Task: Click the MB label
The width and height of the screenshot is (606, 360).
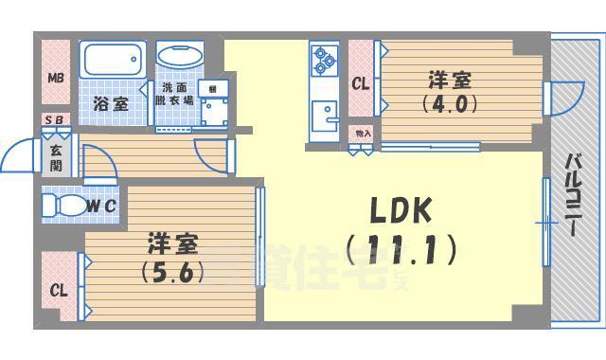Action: [x=56, y=78]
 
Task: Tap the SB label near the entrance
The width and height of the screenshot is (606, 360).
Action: [x=55, y=121]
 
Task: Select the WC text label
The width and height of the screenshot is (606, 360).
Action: [x=103, y=205]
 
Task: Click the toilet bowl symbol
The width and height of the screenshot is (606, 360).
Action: [x=64, y=205]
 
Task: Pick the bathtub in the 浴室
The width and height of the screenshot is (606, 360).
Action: [x=112, y=63]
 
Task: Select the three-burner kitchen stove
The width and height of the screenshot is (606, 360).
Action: [x=325, y=60]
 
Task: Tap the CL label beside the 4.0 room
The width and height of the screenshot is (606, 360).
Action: [x=360, y=83]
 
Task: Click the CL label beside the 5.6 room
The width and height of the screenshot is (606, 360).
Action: [x=59, y=290]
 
